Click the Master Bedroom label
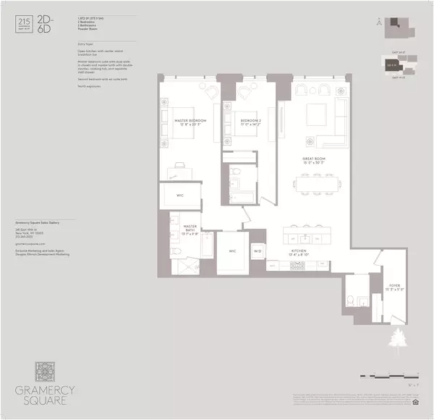[x=189, y=121]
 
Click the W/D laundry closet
[x=257, y=251]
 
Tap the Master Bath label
[x=190, y=230]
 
